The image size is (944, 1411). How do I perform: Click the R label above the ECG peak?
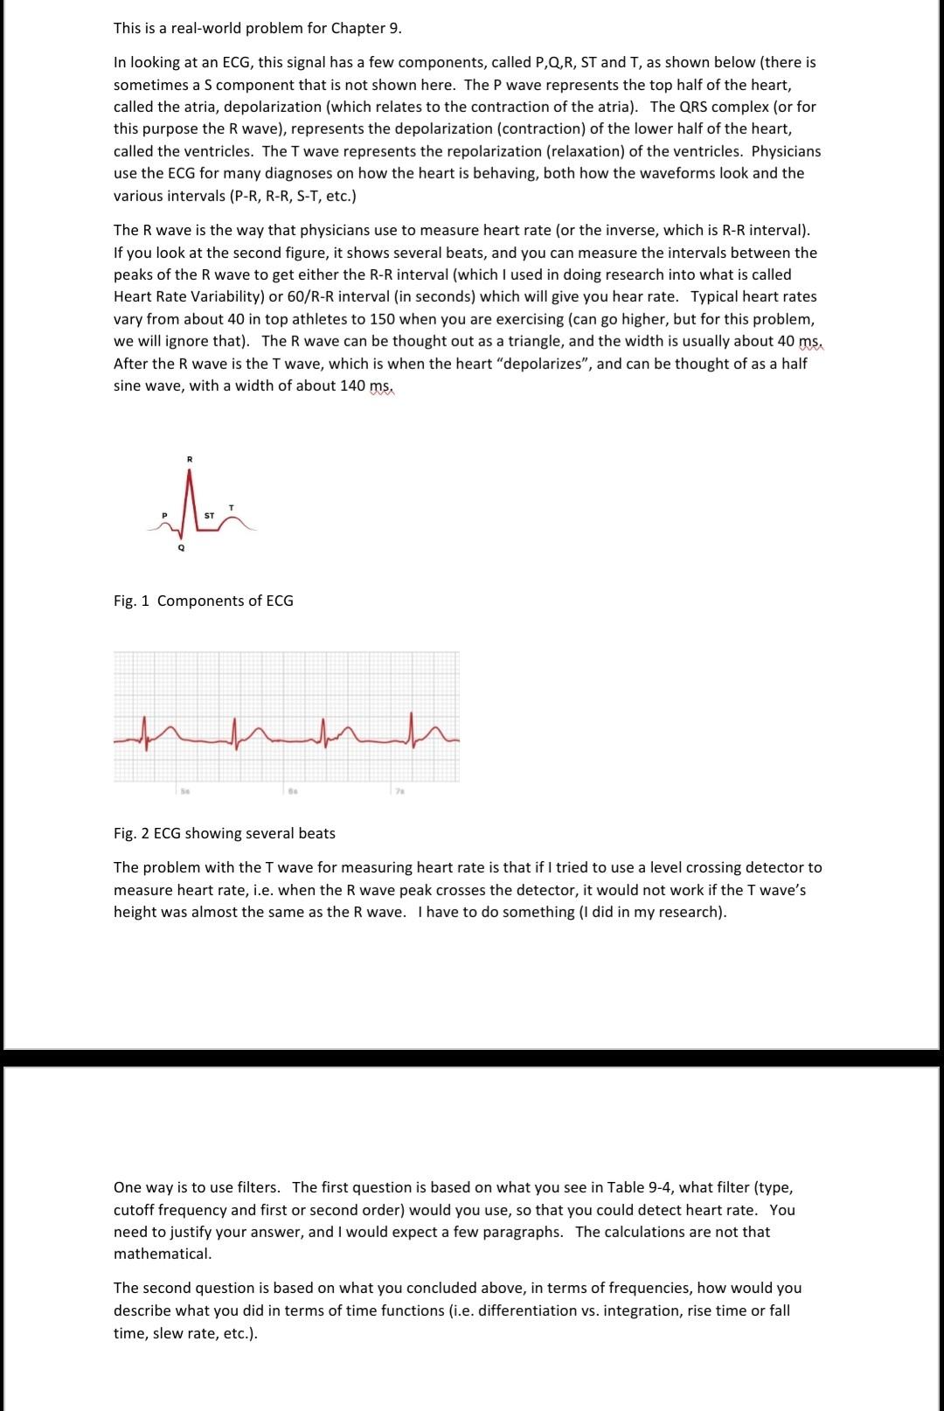pyautogui.click(x=189, y=459)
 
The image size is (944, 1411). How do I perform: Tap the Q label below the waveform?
pyautogui.click(x=181, y=548)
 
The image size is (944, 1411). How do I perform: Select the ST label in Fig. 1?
pyautogui.click(x=209, y=516)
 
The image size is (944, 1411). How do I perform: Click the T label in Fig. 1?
pyautogui.click(x=231, y=507)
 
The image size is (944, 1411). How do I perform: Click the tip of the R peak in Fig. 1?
pyautogui.click(x=190, y=469)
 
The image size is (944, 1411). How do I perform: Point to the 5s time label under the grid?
pyautogui.click(x=184, y=790)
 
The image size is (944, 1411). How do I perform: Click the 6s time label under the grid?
pyautogui.click(x=291, y=790)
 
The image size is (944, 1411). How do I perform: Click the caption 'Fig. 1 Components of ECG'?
pyautogui.click(x=203, y=601)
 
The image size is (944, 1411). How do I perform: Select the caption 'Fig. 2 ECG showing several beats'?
pyautogui.click(x=224, y=833)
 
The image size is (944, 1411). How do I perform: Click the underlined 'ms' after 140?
pyautogui.click(x=380, y=386)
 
